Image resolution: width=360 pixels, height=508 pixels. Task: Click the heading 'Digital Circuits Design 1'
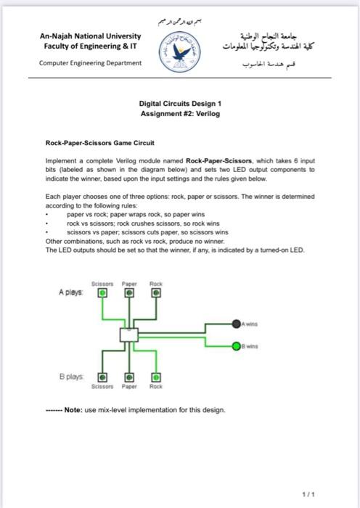pos(179,104)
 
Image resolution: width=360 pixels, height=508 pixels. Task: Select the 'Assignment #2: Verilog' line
pos(179,114)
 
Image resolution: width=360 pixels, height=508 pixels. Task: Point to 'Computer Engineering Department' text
pos(90,62)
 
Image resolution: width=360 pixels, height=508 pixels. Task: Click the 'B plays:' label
pos(70,378)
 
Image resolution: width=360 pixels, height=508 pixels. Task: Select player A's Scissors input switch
pos(102,295)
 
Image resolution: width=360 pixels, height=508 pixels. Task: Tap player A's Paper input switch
pos(129,295)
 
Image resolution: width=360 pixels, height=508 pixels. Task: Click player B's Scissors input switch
pos(102,378)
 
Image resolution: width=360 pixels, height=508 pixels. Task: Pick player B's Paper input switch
pos(129,378)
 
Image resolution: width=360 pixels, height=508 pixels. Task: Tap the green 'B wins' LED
pos(237,345)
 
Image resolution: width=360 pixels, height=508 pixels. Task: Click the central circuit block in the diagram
pos(129,335)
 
